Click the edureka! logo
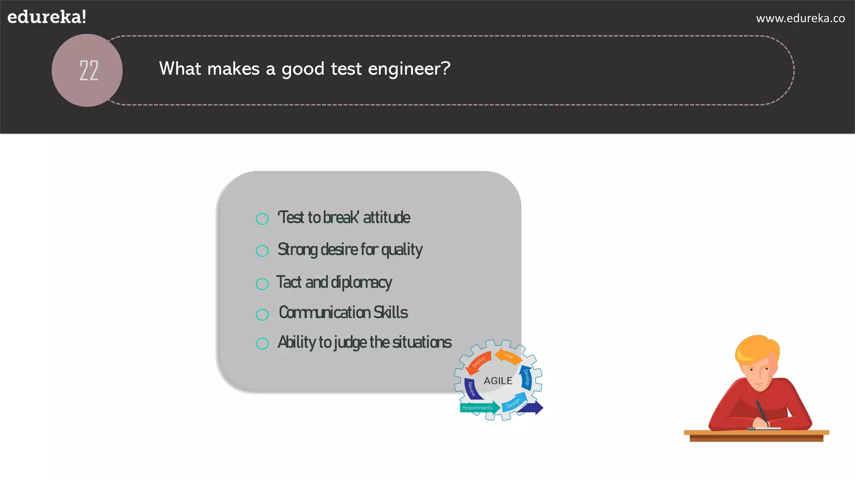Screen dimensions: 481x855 pos(47,17)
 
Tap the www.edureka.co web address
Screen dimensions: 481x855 pos(800,18)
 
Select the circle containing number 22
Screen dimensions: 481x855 pos(87,70)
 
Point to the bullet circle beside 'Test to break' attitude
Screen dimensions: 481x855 pos(262,219)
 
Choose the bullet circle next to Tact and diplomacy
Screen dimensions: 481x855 pos(262,284)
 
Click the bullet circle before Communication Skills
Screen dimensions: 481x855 pos(262,314)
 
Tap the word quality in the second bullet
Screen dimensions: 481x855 pos(402,250)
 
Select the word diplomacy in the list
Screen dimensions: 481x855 pos(361,283)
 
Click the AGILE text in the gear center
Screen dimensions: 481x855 pos(498,381)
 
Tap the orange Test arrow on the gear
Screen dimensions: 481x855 pos(508,356)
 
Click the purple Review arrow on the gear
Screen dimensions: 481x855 pos(471,389)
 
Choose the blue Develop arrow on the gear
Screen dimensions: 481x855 pos(527,377)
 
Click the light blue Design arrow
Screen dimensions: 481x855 pos(514,403)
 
